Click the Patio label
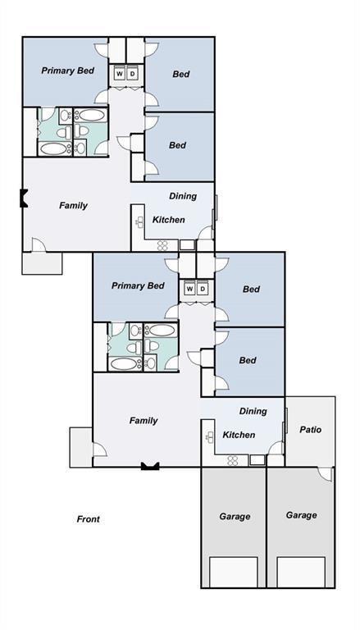point(310,429)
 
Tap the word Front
point(88,519)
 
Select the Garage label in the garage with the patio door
point(301,515)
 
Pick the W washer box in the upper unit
point(119,75)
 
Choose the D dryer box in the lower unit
point(202,290)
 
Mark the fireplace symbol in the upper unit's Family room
point(25,198)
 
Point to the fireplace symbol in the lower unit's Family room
point(149,466)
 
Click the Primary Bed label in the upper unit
point(67,71)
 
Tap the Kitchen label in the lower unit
point(239,435)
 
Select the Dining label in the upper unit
point(182,196)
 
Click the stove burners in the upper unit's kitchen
point(162,244)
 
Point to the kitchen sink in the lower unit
point(210,436)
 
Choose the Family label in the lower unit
point(143,421)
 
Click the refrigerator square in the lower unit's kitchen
point(257,460)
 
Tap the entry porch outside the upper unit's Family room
point(42,263)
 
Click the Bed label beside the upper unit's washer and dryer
point(180,74)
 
